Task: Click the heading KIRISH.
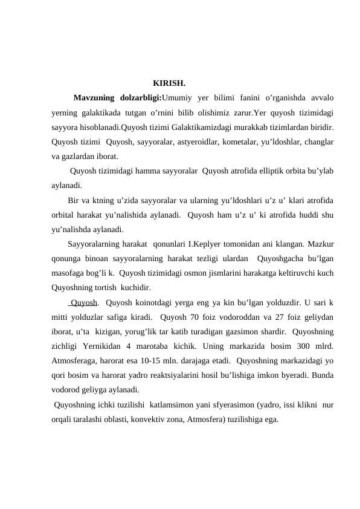click(169, 82)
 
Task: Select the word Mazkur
click(321, 245)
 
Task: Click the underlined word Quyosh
click(84, 303)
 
